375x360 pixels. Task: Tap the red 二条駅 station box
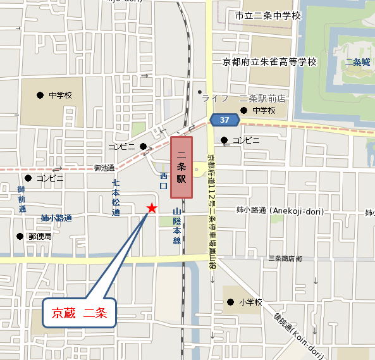(x=181, y=166)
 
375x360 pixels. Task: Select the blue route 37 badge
(x=224, y=120)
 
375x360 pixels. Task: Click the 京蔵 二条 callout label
(x=80, y=312)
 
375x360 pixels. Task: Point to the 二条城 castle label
(x=357, y=62)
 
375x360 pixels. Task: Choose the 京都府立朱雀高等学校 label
(x=269, y=62)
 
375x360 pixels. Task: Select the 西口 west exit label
(x=163, y=181)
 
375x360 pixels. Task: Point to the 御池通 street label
(x=104, y=168)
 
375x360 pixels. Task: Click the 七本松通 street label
(x=116, y=199)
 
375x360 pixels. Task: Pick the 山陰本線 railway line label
(x=177, y=227)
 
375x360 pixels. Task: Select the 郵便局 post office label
(x=40, y=236)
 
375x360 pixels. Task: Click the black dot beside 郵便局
(x=20, y=236)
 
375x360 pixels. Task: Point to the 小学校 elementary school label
(x=251, y=302)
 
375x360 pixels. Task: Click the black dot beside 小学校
(x=231, y=302)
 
